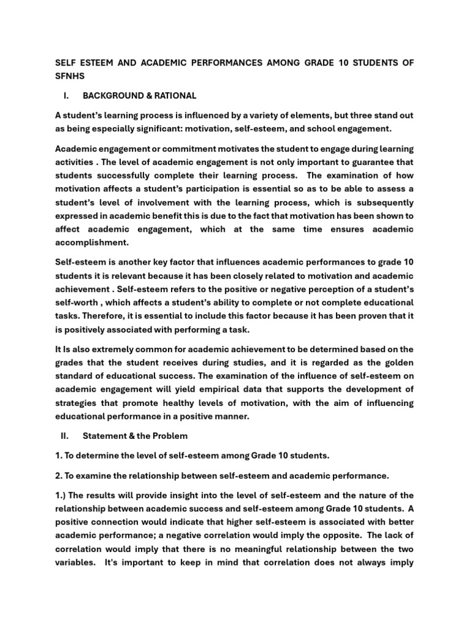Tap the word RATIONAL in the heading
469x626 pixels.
coord(175,95)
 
